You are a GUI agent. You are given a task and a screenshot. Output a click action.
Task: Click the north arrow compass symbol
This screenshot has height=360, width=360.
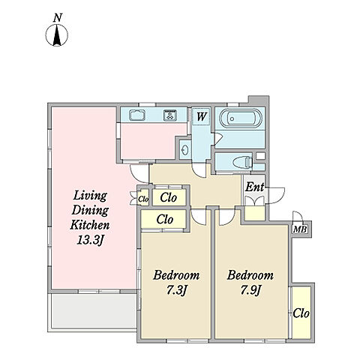[x=57, y=35]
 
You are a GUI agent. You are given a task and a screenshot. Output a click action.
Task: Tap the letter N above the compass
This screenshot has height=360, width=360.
[x=58, y=18]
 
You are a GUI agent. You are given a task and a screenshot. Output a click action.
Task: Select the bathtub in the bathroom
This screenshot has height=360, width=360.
[x=241, y=118]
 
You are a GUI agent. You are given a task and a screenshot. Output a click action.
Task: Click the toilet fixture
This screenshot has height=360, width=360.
[x=242, y=162]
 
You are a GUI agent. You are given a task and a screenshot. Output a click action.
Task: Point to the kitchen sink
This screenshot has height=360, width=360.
[x=137, y=115]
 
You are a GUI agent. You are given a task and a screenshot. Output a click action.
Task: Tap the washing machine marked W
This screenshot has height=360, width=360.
[x=202, y=116]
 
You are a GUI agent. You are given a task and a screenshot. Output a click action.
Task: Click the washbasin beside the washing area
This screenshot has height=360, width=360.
[x=185, y=150]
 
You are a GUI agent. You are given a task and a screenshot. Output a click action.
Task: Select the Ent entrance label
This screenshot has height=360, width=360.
[x=254, y=187]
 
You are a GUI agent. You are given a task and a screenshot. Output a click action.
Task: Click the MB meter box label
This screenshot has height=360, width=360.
[x=300, y=229]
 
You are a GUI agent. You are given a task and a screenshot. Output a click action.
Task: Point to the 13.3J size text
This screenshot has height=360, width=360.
[x=90, y=240]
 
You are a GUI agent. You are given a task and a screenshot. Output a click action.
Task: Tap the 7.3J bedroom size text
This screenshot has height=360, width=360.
[x=177, y=290]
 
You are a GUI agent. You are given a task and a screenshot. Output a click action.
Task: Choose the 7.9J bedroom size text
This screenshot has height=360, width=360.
[x=250, y=290]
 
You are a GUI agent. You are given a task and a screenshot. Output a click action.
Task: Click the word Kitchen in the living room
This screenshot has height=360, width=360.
[x=90, y=225]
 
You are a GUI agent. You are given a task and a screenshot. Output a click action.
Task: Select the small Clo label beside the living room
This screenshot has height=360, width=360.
[x=143, y=199]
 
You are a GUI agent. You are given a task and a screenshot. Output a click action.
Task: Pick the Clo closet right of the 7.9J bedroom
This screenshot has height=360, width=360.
[x=301, y=313]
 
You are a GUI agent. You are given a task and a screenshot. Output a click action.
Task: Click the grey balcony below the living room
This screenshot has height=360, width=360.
[x=94, y=311]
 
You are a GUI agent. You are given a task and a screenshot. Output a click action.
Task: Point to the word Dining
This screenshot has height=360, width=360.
[x=90, y=210]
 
